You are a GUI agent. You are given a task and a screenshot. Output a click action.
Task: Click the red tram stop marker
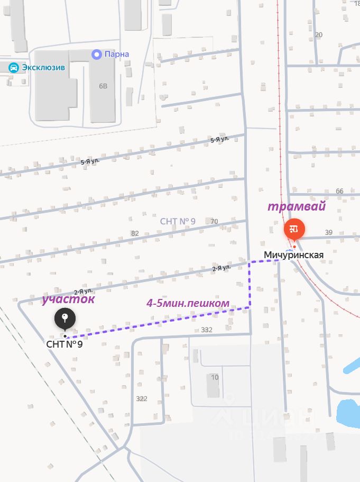(x=294, y=229)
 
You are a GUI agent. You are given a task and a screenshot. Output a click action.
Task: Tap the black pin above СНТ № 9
(x=65, y=319)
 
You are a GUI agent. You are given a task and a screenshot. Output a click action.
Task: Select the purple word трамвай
(x=296, y=207)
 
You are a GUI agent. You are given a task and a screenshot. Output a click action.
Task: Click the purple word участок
(x=69, y=299)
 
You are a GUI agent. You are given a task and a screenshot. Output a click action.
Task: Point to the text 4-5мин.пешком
(x=188, y=303)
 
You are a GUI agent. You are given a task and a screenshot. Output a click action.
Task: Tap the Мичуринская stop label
(x=293, y=255)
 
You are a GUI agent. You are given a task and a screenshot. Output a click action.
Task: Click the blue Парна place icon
(x=96, y=54)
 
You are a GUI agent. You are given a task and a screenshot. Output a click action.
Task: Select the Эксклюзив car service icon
(x=14, y=68)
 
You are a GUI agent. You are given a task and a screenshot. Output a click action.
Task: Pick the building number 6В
(x=103, y=86)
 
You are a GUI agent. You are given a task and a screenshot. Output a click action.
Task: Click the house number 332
(x=207, y=330)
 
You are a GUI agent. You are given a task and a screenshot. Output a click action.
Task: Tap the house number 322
(x=142, y=398)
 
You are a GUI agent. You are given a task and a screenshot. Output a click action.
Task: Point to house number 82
(x=135, y=233)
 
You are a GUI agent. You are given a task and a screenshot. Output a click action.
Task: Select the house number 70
(x=214, y=221)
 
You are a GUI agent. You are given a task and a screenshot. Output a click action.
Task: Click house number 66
(x=339, y=191)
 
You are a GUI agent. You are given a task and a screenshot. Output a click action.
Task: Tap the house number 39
(x=328, y=232)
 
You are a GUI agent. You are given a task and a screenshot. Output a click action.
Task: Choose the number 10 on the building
(x=215, y=377)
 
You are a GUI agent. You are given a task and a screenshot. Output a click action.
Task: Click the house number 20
(x=318, y=35)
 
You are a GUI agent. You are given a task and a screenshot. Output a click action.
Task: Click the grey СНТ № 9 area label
(x=178, y=221)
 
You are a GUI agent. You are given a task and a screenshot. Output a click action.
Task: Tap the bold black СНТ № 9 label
(x=64, y=344)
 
